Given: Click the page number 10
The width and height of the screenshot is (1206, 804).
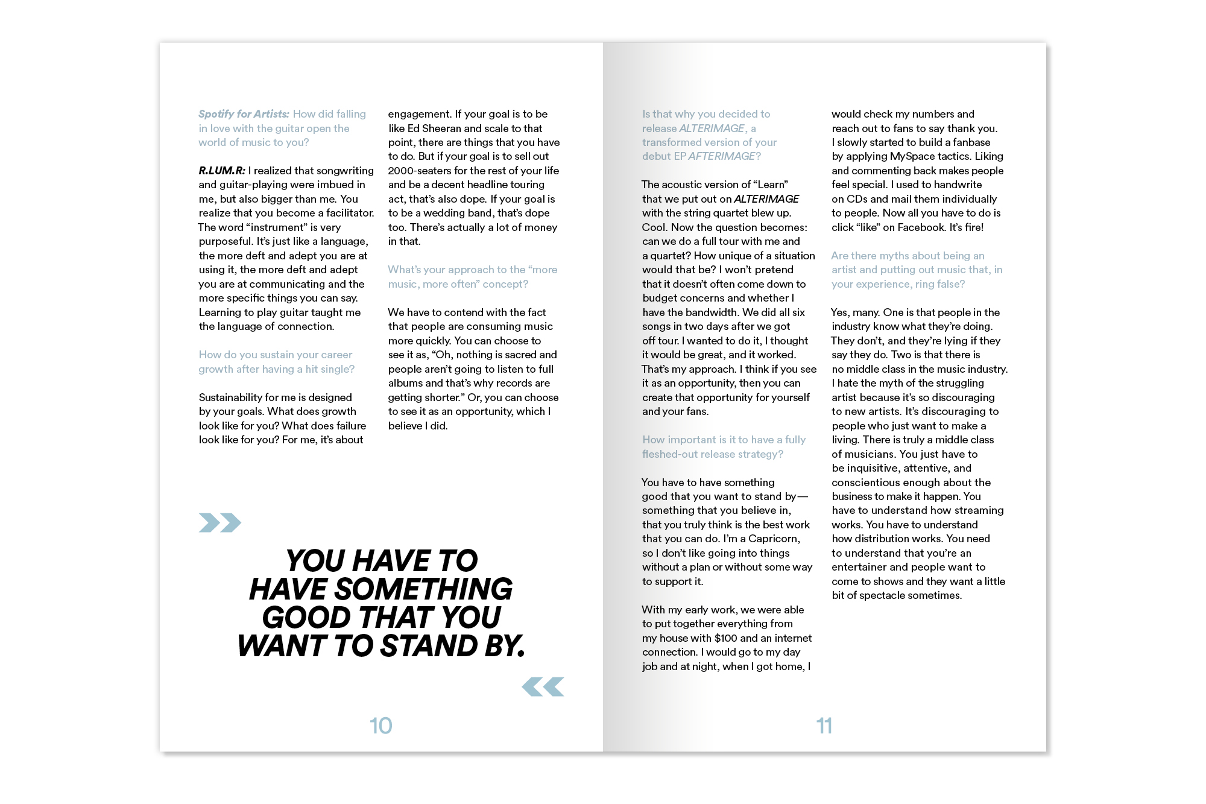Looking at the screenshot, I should coord(380,726).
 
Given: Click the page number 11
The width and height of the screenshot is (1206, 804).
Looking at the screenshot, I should coord(824,726).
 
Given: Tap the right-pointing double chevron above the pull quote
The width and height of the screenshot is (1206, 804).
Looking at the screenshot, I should coord(219,522).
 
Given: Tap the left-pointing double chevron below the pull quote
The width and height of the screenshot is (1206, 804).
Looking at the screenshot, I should coord(543,686).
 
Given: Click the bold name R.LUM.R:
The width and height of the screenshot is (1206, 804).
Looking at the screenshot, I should coord(222,171).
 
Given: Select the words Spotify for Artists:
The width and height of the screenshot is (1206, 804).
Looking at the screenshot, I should coord(244,114).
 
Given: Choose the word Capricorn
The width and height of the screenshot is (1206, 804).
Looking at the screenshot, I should coord(774,539).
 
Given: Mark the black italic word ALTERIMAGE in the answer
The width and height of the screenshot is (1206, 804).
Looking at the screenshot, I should coord(766,199).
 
